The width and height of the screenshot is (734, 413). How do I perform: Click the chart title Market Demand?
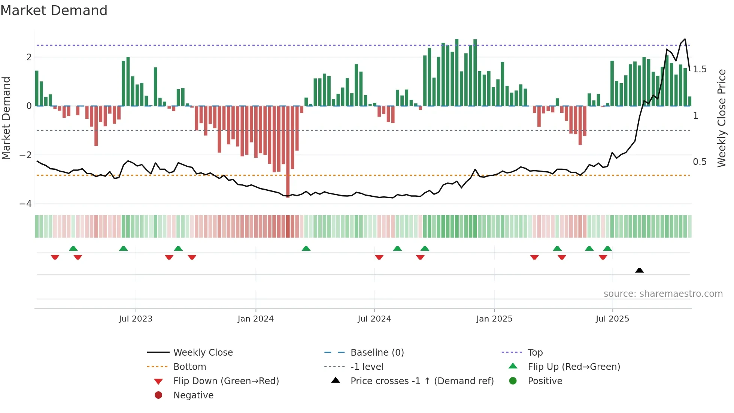click(x=54, y=10)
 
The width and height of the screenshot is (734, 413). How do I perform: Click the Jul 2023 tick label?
click(x=136, y=319)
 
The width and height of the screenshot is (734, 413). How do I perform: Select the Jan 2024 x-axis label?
click(x=256, y=319)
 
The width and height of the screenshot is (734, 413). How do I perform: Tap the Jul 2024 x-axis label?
click(x=374, y=319)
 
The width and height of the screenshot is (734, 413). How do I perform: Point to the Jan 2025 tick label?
click(x=494, y=319)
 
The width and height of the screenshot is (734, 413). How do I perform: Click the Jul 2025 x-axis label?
click(x=612, y=319)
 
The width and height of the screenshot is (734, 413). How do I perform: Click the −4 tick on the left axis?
click(x=25, y=204)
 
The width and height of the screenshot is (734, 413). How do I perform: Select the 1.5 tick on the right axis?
click(x=700, y=69)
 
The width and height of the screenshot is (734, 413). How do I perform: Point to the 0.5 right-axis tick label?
click(x=700, y=162)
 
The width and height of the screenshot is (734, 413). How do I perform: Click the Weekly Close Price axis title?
click(x=722, y=118)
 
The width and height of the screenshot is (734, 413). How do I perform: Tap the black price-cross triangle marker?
click(x=639, y=270)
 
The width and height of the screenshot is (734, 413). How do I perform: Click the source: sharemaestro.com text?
click(x=663, y=294)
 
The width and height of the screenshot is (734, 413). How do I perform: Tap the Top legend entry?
click(x=535, y=353)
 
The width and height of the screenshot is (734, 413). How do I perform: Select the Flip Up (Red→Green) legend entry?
click(x=574, y=367)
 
